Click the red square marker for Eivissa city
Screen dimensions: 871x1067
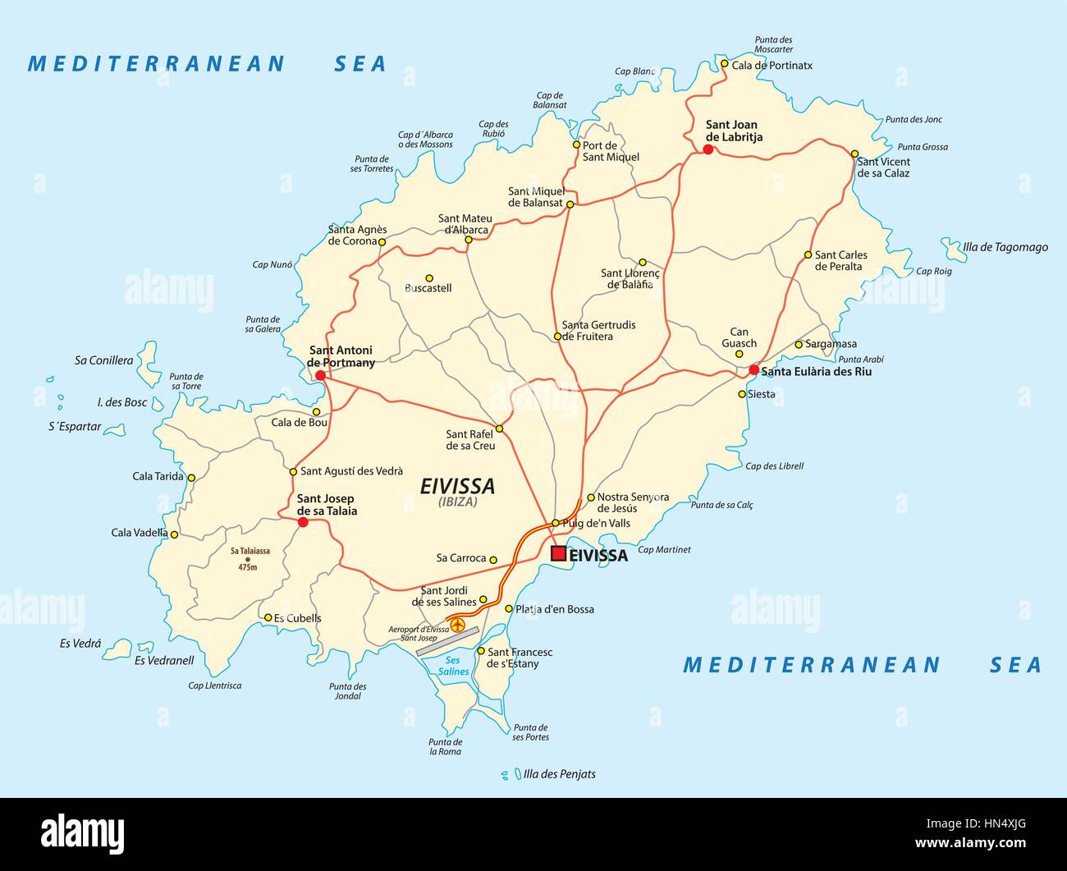(558, 554)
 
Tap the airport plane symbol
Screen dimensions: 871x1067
(458, 627)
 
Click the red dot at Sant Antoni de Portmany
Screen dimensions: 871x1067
(320, 375)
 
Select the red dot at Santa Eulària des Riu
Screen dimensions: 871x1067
(753, 370)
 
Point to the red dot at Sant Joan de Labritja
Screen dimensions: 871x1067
(708, 149)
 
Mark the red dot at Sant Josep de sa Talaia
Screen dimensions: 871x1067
(302, 522)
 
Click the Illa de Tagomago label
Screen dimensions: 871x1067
(1005, 247)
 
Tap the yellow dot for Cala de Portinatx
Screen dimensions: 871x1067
(724, 63)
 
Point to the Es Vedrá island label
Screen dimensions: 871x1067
(80, 644)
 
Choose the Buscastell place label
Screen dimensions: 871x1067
(428, 288)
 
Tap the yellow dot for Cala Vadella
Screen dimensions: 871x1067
(174, 534)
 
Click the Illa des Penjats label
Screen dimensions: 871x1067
(559, 774)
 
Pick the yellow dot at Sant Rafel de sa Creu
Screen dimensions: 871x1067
(499, 429)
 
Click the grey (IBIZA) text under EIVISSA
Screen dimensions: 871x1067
(457, 502)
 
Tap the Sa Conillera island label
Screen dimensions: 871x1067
(103, 360)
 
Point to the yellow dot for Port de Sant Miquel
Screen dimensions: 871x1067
(576, 145)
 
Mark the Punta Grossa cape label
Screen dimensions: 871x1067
(923, 147)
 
